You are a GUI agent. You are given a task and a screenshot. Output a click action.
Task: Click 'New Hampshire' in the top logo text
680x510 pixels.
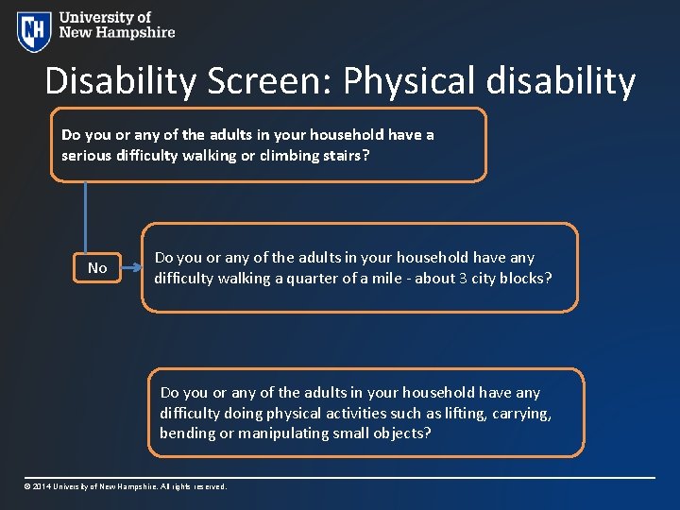pyautogui.click(x=117, y=32)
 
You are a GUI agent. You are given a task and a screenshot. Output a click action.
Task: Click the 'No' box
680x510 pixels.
pyautogui.click(x=97, y=268)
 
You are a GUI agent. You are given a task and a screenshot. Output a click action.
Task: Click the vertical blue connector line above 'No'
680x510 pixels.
pyautogui.click(x=86, y=217)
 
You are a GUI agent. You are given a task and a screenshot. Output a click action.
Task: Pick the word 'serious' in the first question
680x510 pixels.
pyautogui.click(x=86, y=155)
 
